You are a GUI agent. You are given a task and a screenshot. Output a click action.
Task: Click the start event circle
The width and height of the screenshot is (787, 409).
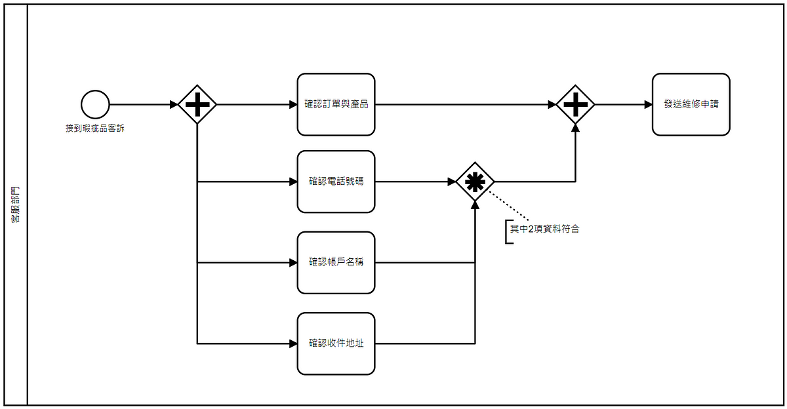(x=95, y=104)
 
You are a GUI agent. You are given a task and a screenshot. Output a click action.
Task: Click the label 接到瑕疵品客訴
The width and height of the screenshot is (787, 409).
(x=95, y=128)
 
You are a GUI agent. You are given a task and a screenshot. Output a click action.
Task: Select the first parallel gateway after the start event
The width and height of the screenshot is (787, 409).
(x=197, y=104)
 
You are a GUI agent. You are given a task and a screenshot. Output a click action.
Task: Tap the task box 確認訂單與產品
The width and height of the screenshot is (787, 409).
(x=336, y=104)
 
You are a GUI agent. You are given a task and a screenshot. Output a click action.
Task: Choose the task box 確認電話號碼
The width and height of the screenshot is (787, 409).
(x=336, y=182)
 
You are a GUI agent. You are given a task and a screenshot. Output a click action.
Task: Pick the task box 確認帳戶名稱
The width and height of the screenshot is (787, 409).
(x=336, y=262)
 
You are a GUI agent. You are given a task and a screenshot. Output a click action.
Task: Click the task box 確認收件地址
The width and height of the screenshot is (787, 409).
(x=336, y=343)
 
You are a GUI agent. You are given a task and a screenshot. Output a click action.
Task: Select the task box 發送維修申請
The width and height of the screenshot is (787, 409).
(x=691, y=104)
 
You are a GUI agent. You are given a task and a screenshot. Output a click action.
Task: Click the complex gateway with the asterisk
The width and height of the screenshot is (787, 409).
(x=475, y=182)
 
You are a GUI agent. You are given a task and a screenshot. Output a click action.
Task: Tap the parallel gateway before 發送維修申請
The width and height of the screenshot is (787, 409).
(x=575, y=104)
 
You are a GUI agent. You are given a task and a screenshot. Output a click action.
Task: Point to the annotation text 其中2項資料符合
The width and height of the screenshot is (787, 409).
(x=545, y=229)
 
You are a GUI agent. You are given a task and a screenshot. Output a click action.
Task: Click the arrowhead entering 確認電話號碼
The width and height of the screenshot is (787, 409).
(x=293, y=182)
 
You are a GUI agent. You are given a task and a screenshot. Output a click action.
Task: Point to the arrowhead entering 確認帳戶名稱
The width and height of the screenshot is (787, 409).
(x=293, y=263)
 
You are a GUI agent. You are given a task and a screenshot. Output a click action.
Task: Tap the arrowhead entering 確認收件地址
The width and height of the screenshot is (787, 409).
(x=293, y=343)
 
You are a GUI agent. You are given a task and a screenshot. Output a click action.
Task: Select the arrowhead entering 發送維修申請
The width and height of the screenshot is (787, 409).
(x=648, y=104)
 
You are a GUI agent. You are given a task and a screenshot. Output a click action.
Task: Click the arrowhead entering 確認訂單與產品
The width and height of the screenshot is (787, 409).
(x=293, y=104)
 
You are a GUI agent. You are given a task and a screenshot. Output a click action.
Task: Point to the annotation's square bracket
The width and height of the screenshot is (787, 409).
(x=507, y=231)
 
